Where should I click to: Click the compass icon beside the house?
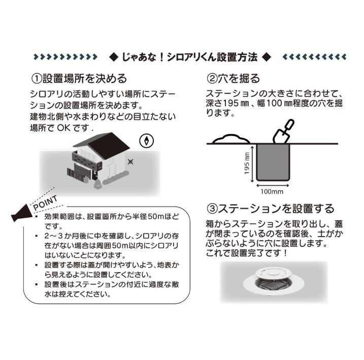click(x=147, y=141)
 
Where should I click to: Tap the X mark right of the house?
click(x=130, y=161)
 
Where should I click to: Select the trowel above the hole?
click(x=283, y=132)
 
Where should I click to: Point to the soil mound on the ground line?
click(x=231, y=139)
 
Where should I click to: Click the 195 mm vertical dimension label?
click(x=247, y=163)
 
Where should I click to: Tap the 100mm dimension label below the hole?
click(x=272, y=192)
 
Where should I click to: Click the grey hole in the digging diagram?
click(x=273, y=162)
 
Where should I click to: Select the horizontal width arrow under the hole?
click(x=273, y=185)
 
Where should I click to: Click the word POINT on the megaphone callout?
click(x=45, y=203)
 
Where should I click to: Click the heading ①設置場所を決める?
click(x=79, y=79)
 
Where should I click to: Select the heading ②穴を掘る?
click(x=233, y=79)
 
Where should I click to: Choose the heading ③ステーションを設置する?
click(x=270, y=208)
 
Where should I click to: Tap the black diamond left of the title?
click(x=114, y=57)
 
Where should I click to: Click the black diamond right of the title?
click(x=266, y=57)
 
